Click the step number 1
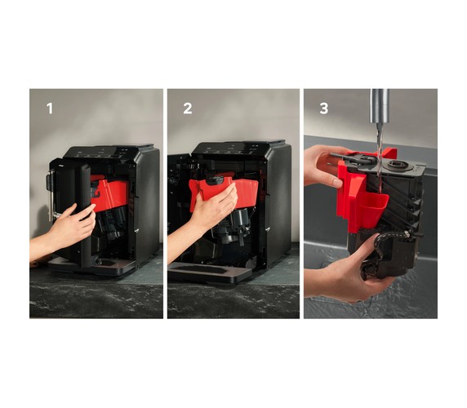pos(50,109)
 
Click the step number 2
pos(187,109)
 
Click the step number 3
pos(324,109)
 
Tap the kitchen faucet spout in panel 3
pos(380,106)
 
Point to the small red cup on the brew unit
pos(375,206)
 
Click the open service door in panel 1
pos(72,208)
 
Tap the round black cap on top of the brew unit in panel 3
pos(398,165)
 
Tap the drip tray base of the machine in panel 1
pos(92,266)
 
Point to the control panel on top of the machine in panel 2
pos(235,147)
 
